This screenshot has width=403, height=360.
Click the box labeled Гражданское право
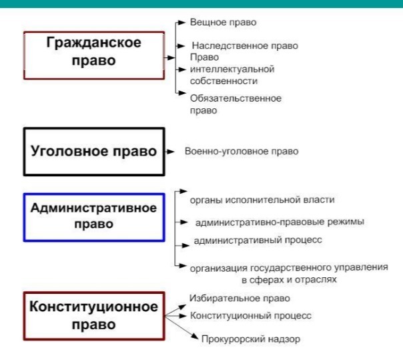pos(94,55)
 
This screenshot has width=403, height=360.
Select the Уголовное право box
pos(94,152)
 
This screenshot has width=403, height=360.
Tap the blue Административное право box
pos(94,218)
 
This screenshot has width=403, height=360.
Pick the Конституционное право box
pos(94,316)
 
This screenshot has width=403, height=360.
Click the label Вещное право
pos(223,23)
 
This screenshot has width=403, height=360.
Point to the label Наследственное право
pos(245,46)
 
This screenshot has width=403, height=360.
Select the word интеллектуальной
pos(232,69)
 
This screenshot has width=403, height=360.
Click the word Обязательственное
pos(236,98)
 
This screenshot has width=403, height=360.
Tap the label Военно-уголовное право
pos(242,152)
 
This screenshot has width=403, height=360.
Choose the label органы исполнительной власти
pos(262,200)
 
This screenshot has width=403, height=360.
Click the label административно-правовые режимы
pos(280,222)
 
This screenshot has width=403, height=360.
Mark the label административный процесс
pos(258,240)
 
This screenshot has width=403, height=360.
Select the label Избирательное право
pos(240,299)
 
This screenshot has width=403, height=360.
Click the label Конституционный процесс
pos(251,316)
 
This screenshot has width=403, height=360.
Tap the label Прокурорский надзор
pos(251,339)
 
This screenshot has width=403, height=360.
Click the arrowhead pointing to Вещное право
pos(182,23)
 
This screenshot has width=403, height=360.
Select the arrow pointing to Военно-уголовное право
pos(169,152)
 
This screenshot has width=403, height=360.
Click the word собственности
pos(224,81)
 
